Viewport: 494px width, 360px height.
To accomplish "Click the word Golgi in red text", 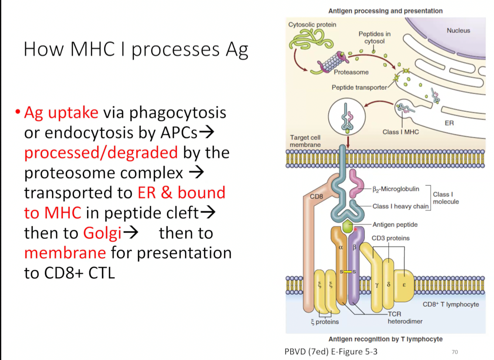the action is pos(102,233).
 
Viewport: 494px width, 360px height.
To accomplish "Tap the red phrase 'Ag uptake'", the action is pos(61,112).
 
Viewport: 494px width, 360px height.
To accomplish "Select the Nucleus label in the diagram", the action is pos(458,31).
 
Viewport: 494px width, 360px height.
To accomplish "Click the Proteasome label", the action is pos(351,72).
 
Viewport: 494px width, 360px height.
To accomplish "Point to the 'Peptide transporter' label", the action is pos(359,88).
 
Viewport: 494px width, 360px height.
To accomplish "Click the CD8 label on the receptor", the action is pos(316,197).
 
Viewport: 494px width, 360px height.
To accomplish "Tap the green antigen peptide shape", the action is pos(348,227).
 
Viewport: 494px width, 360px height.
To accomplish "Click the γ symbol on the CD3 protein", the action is pos(377,285).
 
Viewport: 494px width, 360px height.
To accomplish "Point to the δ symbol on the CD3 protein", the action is pos(388,285).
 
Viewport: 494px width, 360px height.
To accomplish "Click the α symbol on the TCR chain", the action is pos(341,248).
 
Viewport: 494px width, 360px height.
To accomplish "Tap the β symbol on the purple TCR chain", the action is pos(354,247).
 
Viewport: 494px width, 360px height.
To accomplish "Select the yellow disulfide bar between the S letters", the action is pos(348,272).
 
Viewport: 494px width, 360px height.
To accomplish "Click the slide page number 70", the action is pos(455,352).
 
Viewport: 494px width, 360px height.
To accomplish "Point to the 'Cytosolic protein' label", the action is pos(312,24).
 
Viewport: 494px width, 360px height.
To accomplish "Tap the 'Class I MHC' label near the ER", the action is pos(401,132).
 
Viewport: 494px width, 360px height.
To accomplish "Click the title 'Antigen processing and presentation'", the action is pos(385,11).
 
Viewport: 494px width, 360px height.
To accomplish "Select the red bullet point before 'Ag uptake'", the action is pos(18,112).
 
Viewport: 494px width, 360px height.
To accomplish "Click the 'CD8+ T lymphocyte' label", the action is pos(451,304).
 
